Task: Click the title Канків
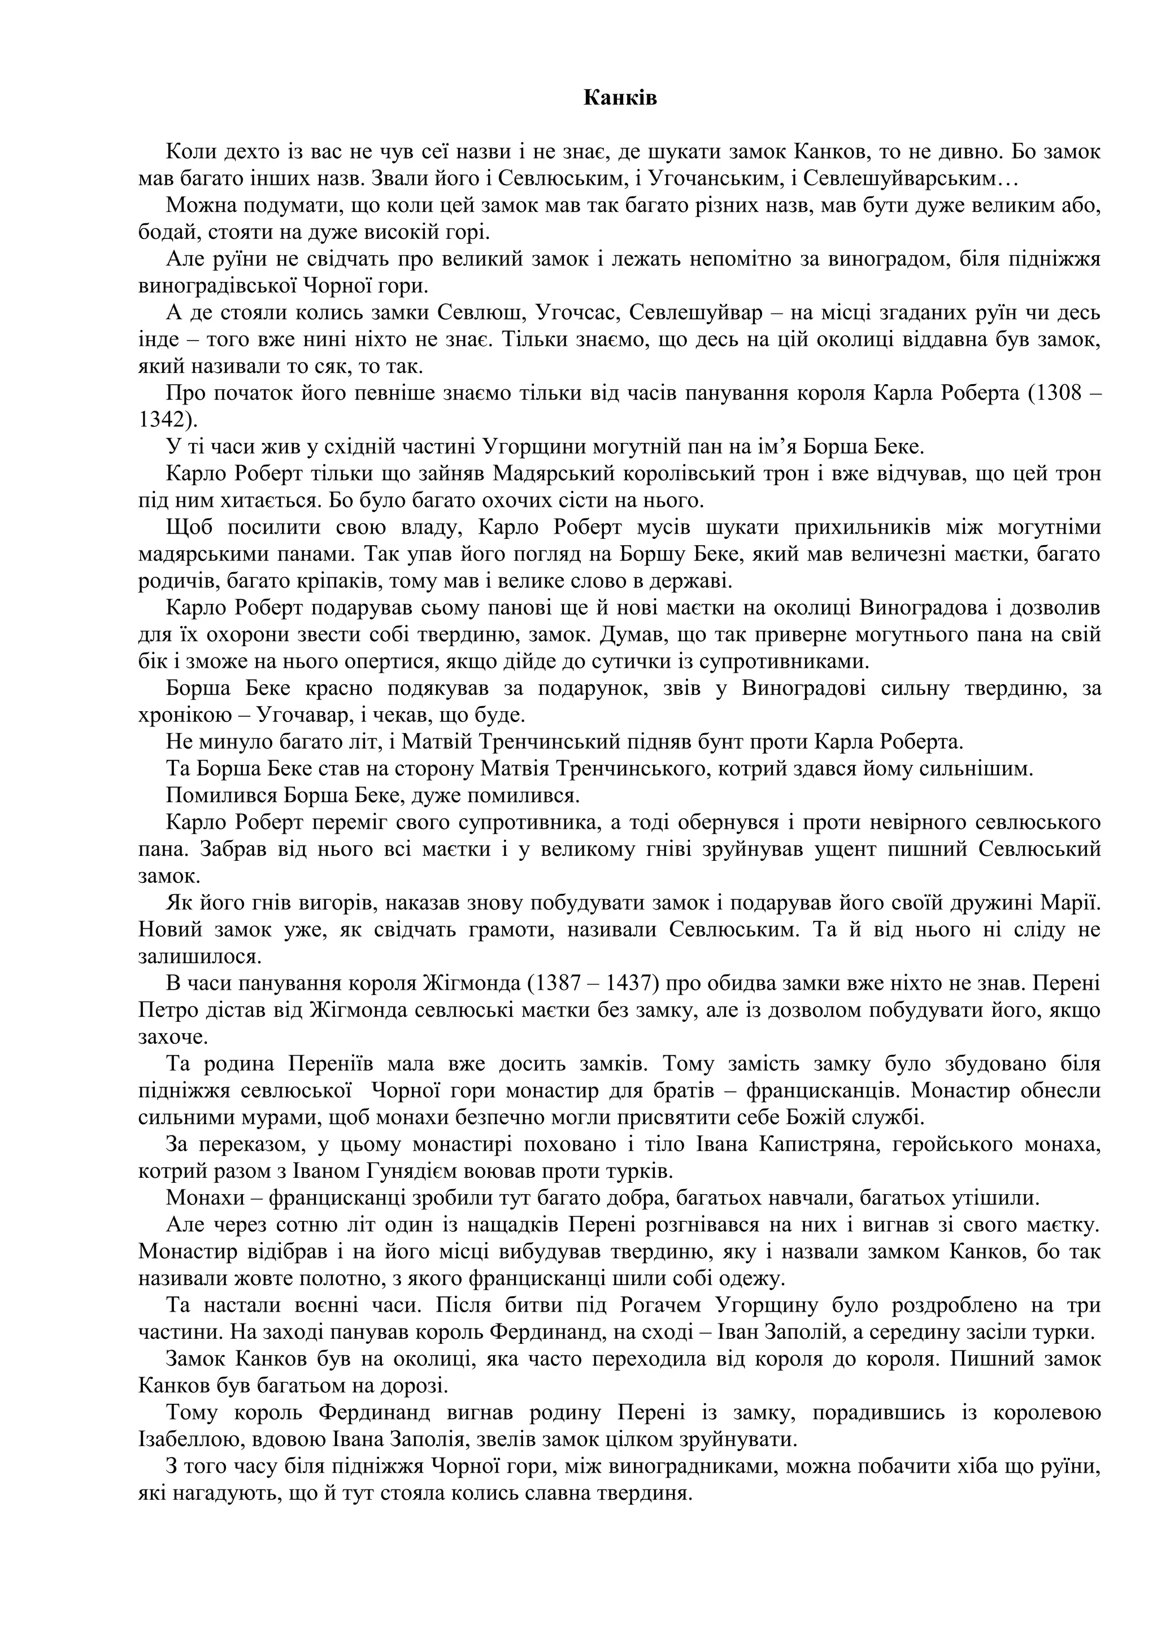click(620, 98)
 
